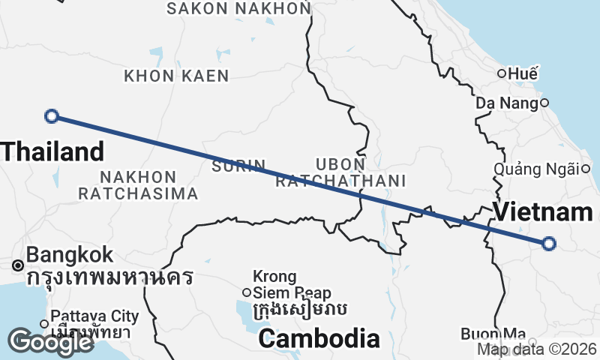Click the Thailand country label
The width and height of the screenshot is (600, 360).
pos(52,152)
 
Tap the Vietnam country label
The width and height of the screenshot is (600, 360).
pos(543,212)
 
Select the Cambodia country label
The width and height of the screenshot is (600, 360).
pos(319,339)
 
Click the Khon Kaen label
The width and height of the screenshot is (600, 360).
pos(176,76)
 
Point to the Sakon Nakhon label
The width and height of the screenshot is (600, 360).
pos(238,8)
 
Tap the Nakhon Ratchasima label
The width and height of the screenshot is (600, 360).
pos(139,185)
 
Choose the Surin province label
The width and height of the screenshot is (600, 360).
pos(238,166)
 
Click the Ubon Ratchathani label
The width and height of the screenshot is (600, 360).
pos(340,172)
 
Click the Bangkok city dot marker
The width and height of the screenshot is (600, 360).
pos(16,265)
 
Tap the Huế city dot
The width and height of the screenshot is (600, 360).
pos(502,73)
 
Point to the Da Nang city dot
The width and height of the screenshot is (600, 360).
pos(544,103)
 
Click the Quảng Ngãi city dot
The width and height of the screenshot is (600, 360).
pos(586,169)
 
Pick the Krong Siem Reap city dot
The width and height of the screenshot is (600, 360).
pos(246,292)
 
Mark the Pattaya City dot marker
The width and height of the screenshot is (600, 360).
pos(44,324)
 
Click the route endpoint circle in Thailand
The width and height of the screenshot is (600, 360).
pos(52,115)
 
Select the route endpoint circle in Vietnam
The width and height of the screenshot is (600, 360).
pos(549,243)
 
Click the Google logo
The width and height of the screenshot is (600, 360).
pos(50,342)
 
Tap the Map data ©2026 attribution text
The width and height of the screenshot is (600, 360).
pos(537,349)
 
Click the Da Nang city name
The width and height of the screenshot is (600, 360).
pos(507,103)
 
